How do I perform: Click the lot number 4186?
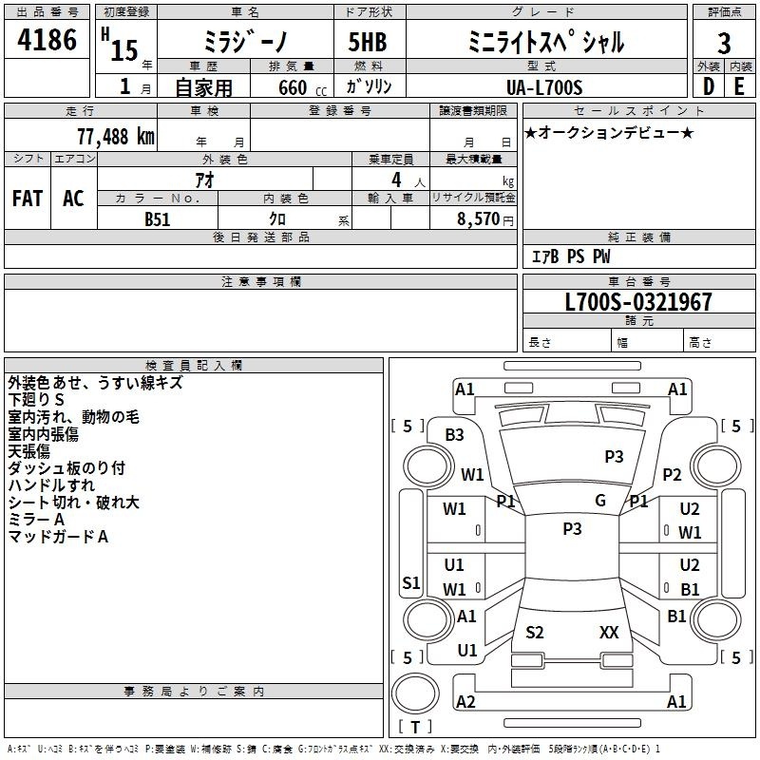[47, 40]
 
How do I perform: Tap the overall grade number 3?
[724, 44]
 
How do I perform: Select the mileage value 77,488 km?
[116, 137]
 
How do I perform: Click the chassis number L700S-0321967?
[638, 302]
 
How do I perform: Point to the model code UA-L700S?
[544, 87]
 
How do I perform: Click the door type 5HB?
[368, 42]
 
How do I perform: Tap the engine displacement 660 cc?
[302, 87]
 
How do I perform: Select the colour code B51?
[158, 219]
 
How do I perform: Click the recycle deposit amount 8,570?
[478, 219]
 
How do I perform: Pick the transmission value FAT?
[28, 199]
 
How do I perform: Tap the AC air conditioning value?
[74, 199]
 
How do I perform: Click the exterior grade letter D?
[709, 86]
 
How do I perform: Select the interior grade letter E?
[739, 86]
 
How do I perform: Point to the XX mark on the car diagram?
[609, 632]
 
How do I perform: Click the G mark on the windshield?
[600, 501]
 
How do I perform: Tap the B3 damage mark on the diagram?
[455, 435]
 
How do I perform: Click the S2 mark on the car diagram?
[535, 632]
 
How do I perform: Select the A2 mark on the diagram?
[465, 701]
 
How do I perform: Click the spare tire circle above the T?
[415, 693]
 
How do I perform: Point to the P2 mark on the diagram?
[672, 474]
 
